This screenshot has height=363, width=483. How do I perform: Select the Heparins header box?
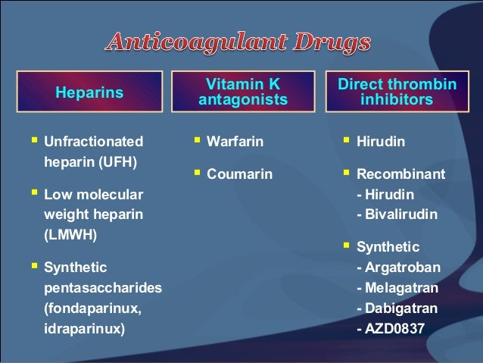(89, 93)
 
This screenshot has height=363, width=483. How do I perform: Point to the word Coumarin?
(239, 174)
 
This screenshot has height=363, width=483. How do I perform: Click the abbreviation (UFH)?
(120, 161)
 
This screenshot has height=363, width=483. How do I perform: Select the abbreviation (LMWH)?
(71, 234)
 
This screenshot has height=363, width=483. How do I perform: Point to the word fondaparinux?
(92, 309)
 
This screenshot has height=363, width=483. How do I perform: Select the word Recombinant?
(400, 174)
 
